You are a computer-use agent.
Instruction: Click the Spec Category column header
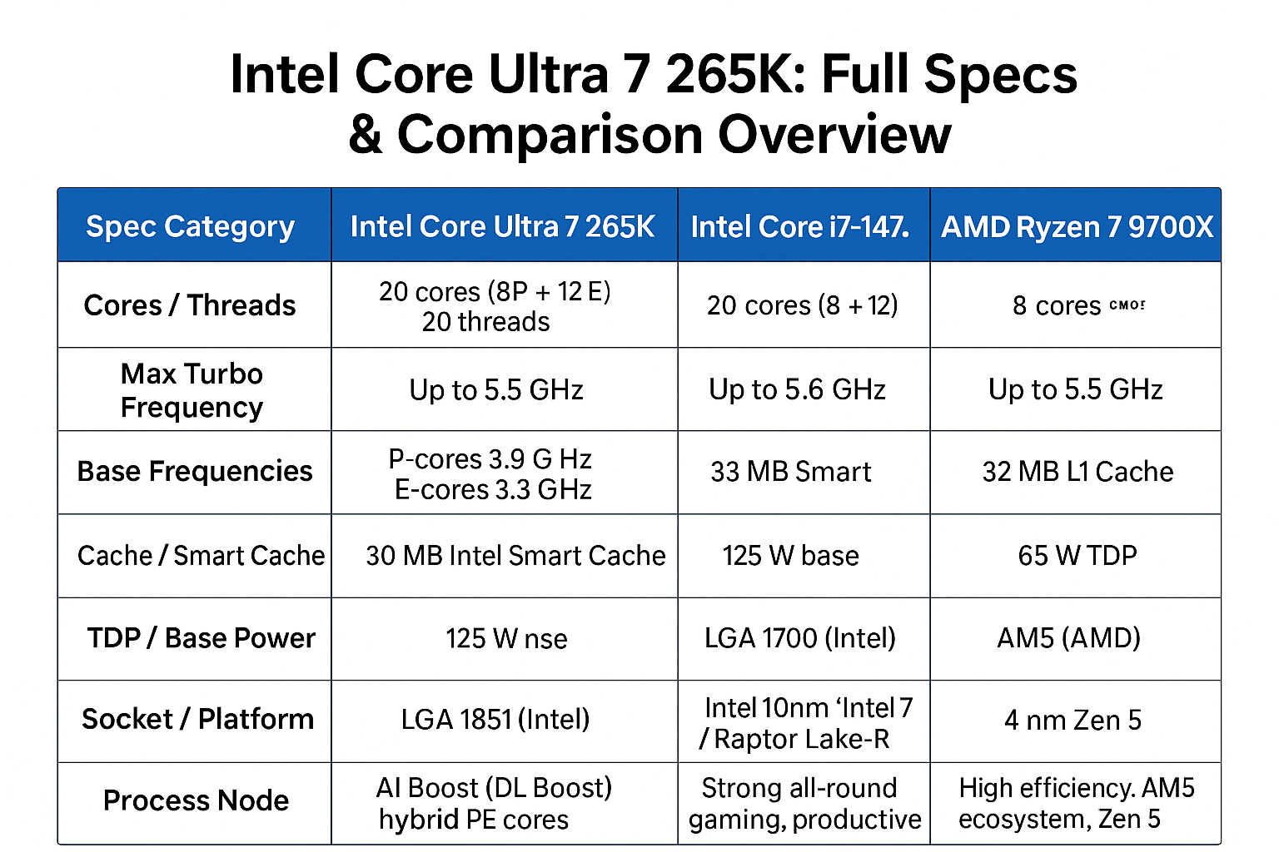coord(190,226)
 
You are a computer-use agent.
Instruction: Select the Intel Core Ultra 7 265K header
coord(502,226)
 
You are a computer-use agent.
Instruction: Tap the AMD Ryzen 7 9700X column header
coord(1077,226)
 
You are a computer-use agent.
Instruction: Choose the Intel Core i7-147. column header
coord(800,226)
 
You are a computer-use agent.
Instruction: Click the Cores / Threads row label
coord(190,305)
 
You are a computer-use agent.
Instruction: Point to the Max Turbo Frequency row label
coord(192,390)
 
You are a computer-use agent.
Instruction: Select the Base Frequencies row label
coord(195,471)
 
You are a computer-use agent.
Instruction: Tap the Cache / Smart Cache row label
coord(201,555)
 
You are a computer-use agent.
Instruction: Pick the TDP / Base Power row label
coord(201,637)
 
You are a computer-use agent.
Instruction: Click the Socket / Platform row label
coord(197,719)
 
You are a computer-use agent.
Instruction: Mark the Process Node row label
coord(196,800)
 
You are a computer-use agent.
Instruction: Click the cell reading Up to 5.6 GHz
coord(797,389)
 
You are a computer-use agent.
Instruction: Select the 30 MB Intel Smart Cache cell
coord(515,555)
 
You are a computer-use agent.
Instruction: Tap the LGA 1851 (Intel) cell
coord(495,719)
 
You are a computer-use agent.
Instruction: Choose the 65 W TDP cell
coord(1077,555)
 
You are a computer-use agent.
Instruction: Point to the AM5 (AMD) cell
coord(1069,637)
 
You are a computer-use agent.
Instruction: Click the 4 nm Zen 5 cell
coord(1072,720)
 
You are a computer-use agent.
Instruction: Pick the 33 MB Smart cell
coord(790,472)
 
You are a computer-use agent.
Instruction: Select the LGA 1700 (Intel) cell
coord(800,637)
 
